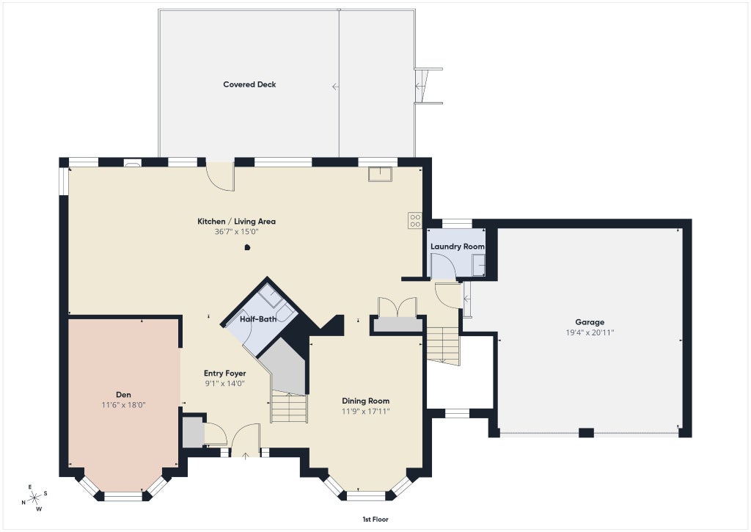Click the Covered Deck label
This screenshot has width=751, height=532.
coord(249,84)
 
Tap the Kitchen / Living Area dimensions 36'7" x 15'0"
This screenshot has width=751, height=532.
coord(237,232)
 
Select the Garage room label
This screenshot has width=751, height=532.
coord(590,323)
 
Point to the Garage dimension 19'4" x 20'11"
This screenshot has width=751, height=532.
coord(590,332)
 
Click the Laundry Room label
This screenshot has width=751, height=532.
coord(458,247)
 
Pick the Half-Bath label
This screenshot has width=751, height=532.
coord(258,318)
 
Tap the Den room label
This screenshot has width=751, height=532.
coord(123,395)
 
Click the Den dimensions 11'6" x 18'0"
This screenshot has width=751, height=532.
coord(123,405)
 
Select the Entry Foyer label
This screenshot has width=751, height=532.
coord(224,374)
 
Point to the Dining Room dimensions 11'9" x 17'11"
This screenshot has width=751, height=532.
coord(365,411)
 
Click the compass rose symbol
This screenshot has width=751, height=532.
coord(34,498)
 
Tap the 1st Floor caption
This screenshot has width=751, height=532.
coord(375,519)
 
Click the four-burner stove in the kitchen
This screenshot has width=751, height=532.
coord(415,220)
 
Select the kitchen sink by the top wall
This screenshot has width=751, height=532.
coord(381,174)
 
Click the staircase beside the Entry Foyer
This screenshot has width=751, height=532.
coord(289,407)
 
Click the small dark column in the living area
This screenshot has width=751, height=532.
coord(247,247)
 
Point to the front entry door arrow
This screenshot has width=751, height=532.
coord(245,455)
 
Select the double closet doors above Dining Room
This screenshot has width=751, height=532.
coord(398,307)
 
